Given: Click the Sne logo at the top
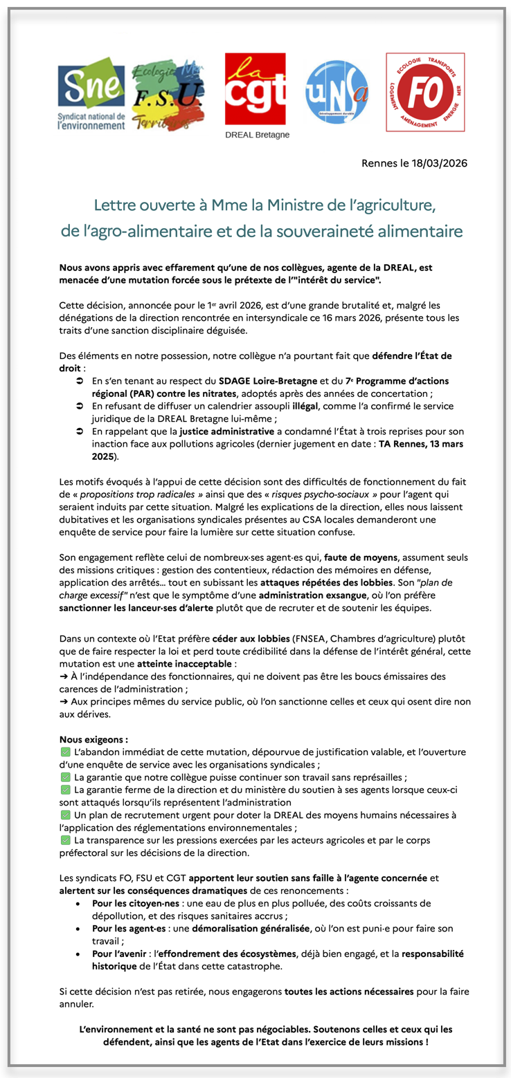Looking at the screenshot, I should point(91,97).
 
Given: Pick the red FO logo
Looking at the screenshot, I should point(424,91).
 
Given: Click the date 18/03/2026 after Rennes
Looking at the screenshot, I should point(438,163).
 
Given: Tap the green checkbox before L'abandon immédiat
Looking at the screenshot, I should point(66,752).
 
